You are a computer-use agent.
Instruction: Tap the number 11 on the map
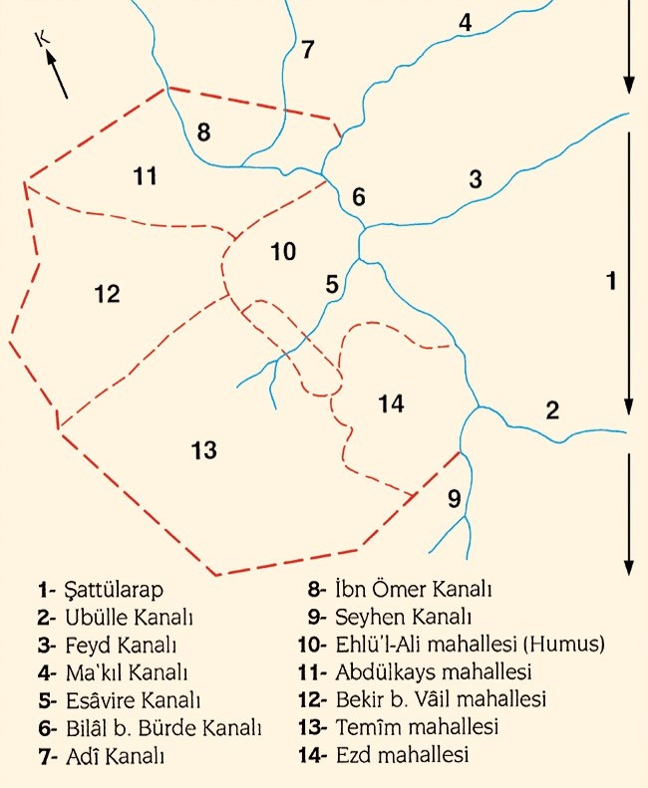coord(146,176)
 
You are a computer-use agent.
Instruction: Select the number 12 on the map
coord(107,294)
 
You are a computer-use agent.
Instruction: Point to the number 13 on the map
coord(203,450)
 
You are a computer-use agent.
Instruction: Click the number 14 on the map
coord(391,403)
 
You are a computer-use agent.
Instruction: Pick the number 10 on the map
coord(283,251)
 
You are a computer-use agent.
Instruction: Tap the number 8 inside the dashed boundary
coord(203,131)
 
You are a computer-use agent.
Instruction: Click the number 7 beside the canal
coord(307,49)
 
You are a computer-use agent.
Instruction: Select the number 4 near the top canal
coord(465,22)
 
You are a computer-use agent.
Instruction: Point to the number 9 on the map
coord(454,499)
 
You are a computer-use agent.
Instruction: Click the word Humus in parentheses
coord(564,645)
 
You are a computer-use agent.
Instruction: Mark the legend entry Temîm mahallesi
coord(419,726)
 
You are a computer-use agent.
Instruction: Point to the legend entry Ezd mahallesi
coord(409,754)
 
